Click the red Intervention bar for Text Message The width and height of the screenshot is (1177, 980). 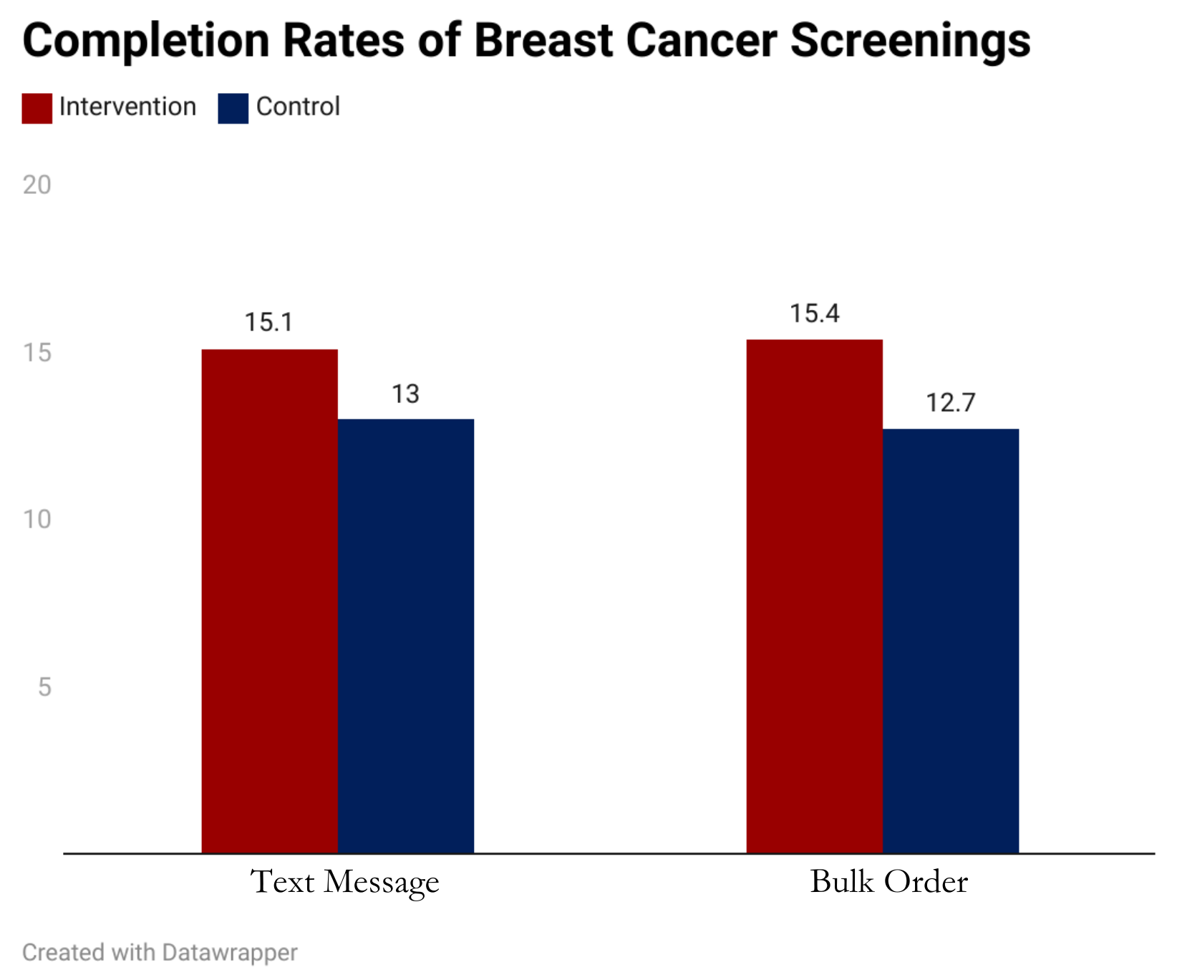[x=269, y=601]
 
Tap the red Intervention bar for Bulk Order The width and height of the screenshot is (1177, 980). [x=814, y=596]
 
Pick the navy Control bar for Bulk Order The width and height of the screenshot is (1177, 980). [x=950, y=641]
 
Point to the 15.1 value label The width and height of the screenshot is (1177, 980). [x=268, y=322]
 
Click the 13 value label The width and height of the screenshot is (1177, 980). [x=405, y=394]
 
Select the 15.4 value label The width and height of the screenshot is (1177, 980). [x=814, y=314]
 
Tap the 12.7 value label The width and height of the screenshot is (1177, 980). [x=950, y=403]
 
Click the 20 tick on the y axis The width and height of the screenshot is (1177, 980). [x=37, y=185]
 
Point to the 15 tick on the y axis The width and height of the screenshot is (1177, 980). [x=37, y=352]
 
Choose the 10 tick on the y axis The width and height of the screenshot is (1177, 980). [x=37, y=520]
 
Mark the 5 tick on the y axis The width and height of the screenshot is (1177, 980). [x=44, y=687]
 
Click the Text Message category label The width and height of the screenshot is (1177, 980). [x=344, y=882]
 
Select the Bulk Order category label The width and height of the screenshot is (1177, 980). [x=888, y=881]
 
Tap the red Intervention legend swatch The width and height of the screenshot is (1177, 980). [x=37, y=108]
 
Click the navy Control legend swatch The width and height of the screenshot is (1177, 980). [x=233, y=108]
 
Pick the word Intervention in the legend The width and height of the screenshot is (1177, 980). [x=127, y=107]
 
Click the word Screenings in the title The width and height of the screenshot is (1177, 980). [x=910, y=40]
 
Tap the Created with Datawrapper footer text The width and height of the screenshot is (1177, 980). [x=160, y=953]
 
